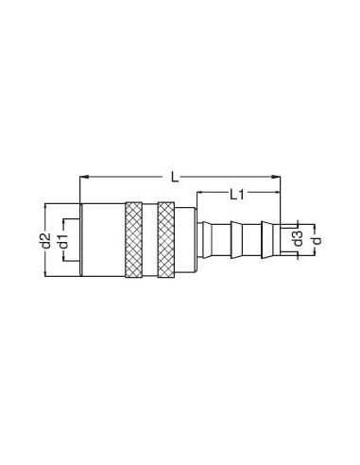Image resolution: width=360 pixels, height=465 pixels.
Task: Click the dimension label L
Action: [175, 177]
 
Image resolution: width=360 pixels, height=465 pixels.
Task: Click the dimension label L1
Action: [236, 195]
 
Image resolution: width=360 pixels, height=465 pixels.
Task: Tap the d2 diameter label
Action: [46, 240]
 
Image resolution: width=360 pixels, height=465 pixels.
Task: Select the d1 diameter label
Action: [64, 241]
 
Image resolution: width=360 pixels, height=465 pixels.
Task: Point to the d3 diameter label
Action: [298, 238]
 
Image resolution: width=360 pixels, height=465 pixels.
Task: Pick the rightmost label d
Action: [317, 241]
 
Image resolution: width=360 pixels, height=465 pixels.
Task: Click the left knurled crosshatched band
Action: [134, 240]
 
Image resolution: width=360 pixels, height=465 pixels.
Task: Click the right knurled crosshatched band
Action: [166, 240]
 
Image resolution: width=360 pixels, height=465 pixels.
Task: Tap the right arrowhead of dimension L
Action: [276, 177]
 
